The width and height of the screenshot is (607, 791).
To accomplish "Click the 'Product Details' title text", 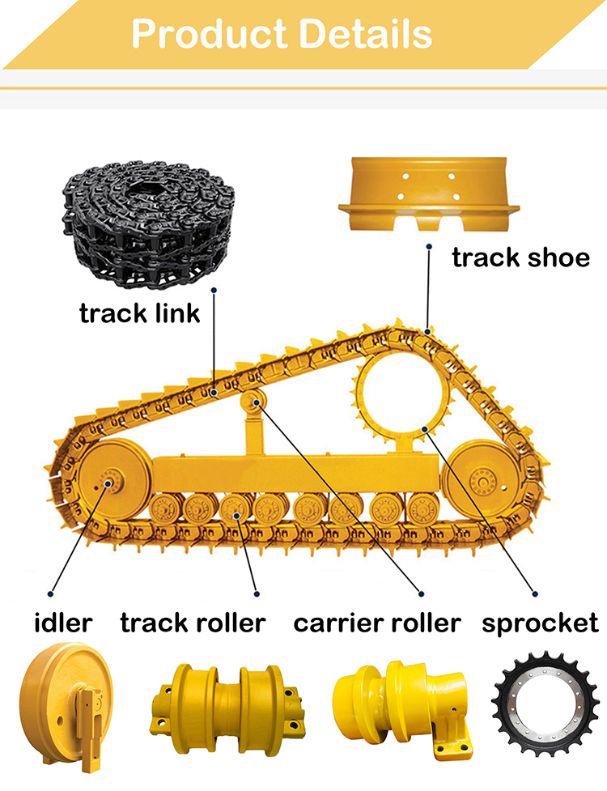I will (x=281, y=33).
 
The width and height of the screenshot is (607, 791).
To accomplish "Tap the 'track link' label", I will (x=139, y=313).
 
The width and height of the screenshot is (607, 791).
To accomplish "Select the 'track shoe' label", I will (x=520, y=257).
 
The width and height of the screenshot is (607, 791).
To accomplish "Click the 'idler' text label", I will (x=63, y=623).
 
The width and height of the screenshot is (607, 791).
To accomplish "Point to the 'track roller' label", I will (x=193, y=623).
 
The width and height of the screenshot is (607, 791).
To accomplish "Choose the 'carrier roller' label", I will (x=376, y=623).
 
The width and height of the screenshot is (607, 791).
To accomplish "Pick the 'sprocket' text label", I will (x=540, y=623).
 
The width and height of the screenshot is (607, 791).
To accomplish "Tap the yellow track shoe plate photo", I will (x=427, y=193).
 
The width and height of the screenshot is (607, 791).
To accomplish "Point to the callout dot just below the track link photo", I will (x=214, y=289).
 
